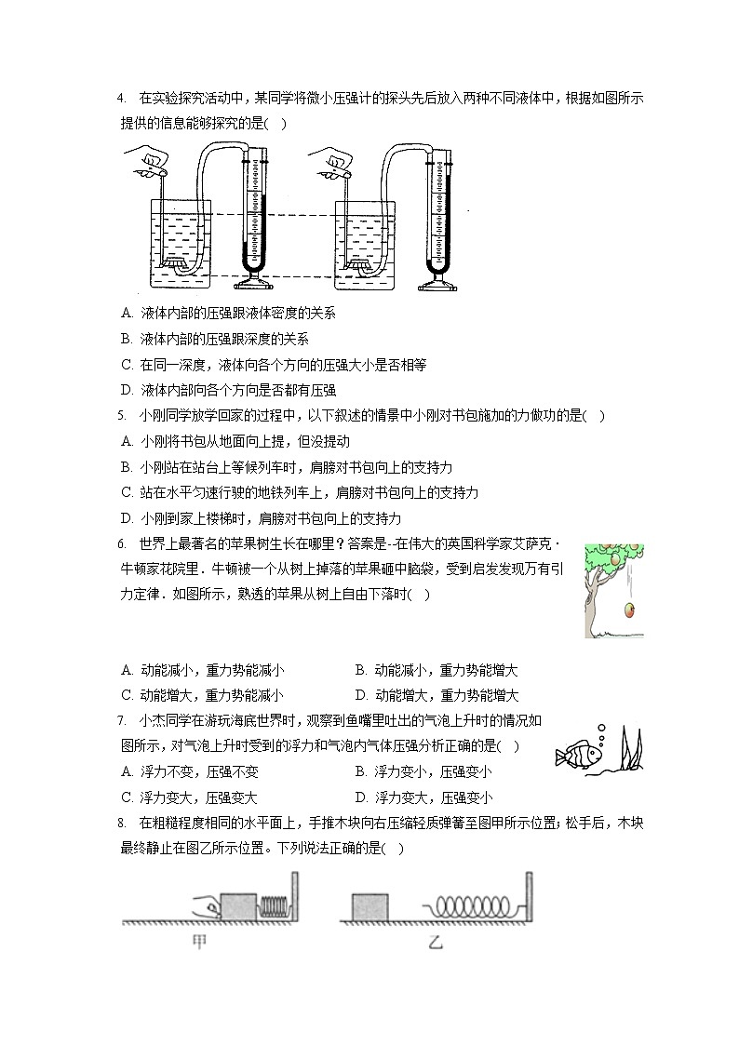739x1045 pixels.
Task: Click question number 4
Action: [121, 99]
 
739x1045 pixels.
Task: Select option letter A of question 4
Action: [127, 314]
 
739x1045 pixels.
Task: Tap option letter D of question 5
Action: [127, 518]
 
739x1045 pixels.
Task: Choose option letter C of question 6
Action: [127, 696]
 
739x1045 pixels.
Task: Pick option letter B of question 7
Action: [360, 772]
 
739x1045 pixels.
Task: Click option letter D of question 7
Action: [360, 797]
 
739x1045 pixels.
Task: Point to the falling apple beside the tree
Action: [628, 610]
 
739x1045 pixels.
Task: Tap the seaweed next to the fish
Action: [631, 749]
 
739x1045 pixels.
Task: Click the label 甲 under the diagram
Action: [198, 942]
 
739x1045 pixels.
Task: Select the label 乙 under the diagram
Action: [436, 942]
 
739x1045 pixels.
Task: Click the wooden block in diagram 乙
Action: [369, 907]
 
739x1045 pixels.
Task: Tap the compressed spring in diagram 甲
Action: [274, 906]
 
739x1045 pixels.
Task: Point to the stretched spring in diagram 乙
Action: [472, 906]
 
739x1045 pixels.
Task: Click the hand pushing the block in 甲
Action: [207, 907]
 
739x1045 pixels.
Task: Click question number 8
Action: [121, 824]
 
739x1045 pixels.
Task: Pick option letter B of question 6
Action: [360, 670]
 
